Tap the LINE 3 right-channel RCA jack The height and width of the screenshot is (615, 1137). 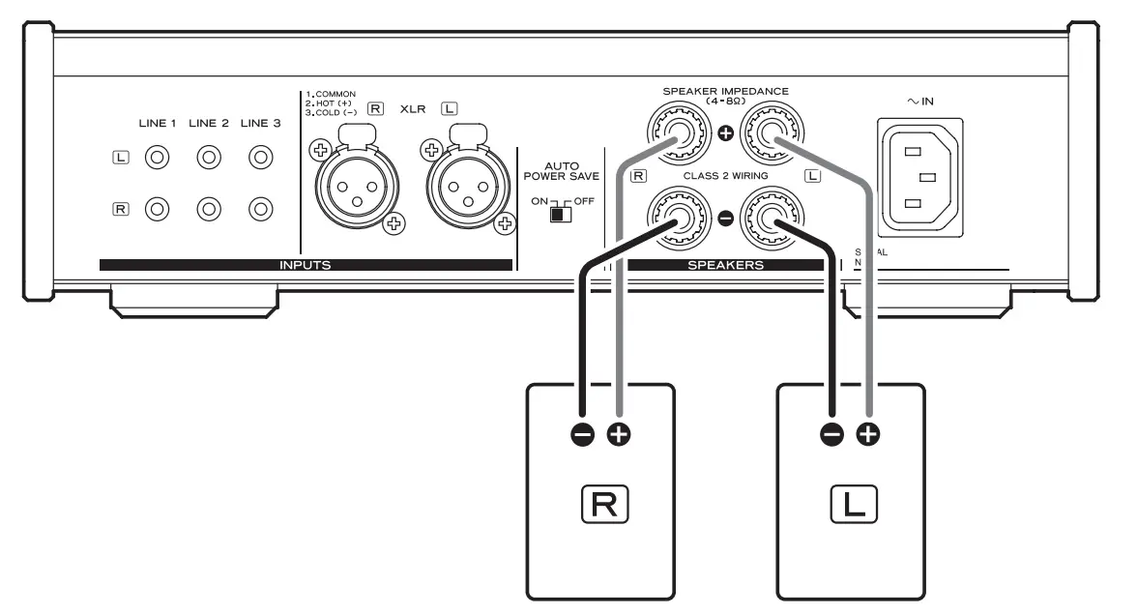coord(258,208)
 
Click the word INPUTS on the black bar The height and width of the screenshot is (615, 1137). coord(305,264)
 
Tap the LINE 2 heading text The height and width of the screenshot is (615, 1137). coord(208,123)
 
